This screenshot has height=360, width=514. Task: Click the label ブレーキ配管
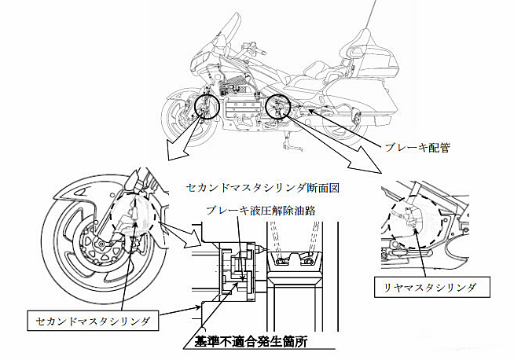[416, 147]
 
